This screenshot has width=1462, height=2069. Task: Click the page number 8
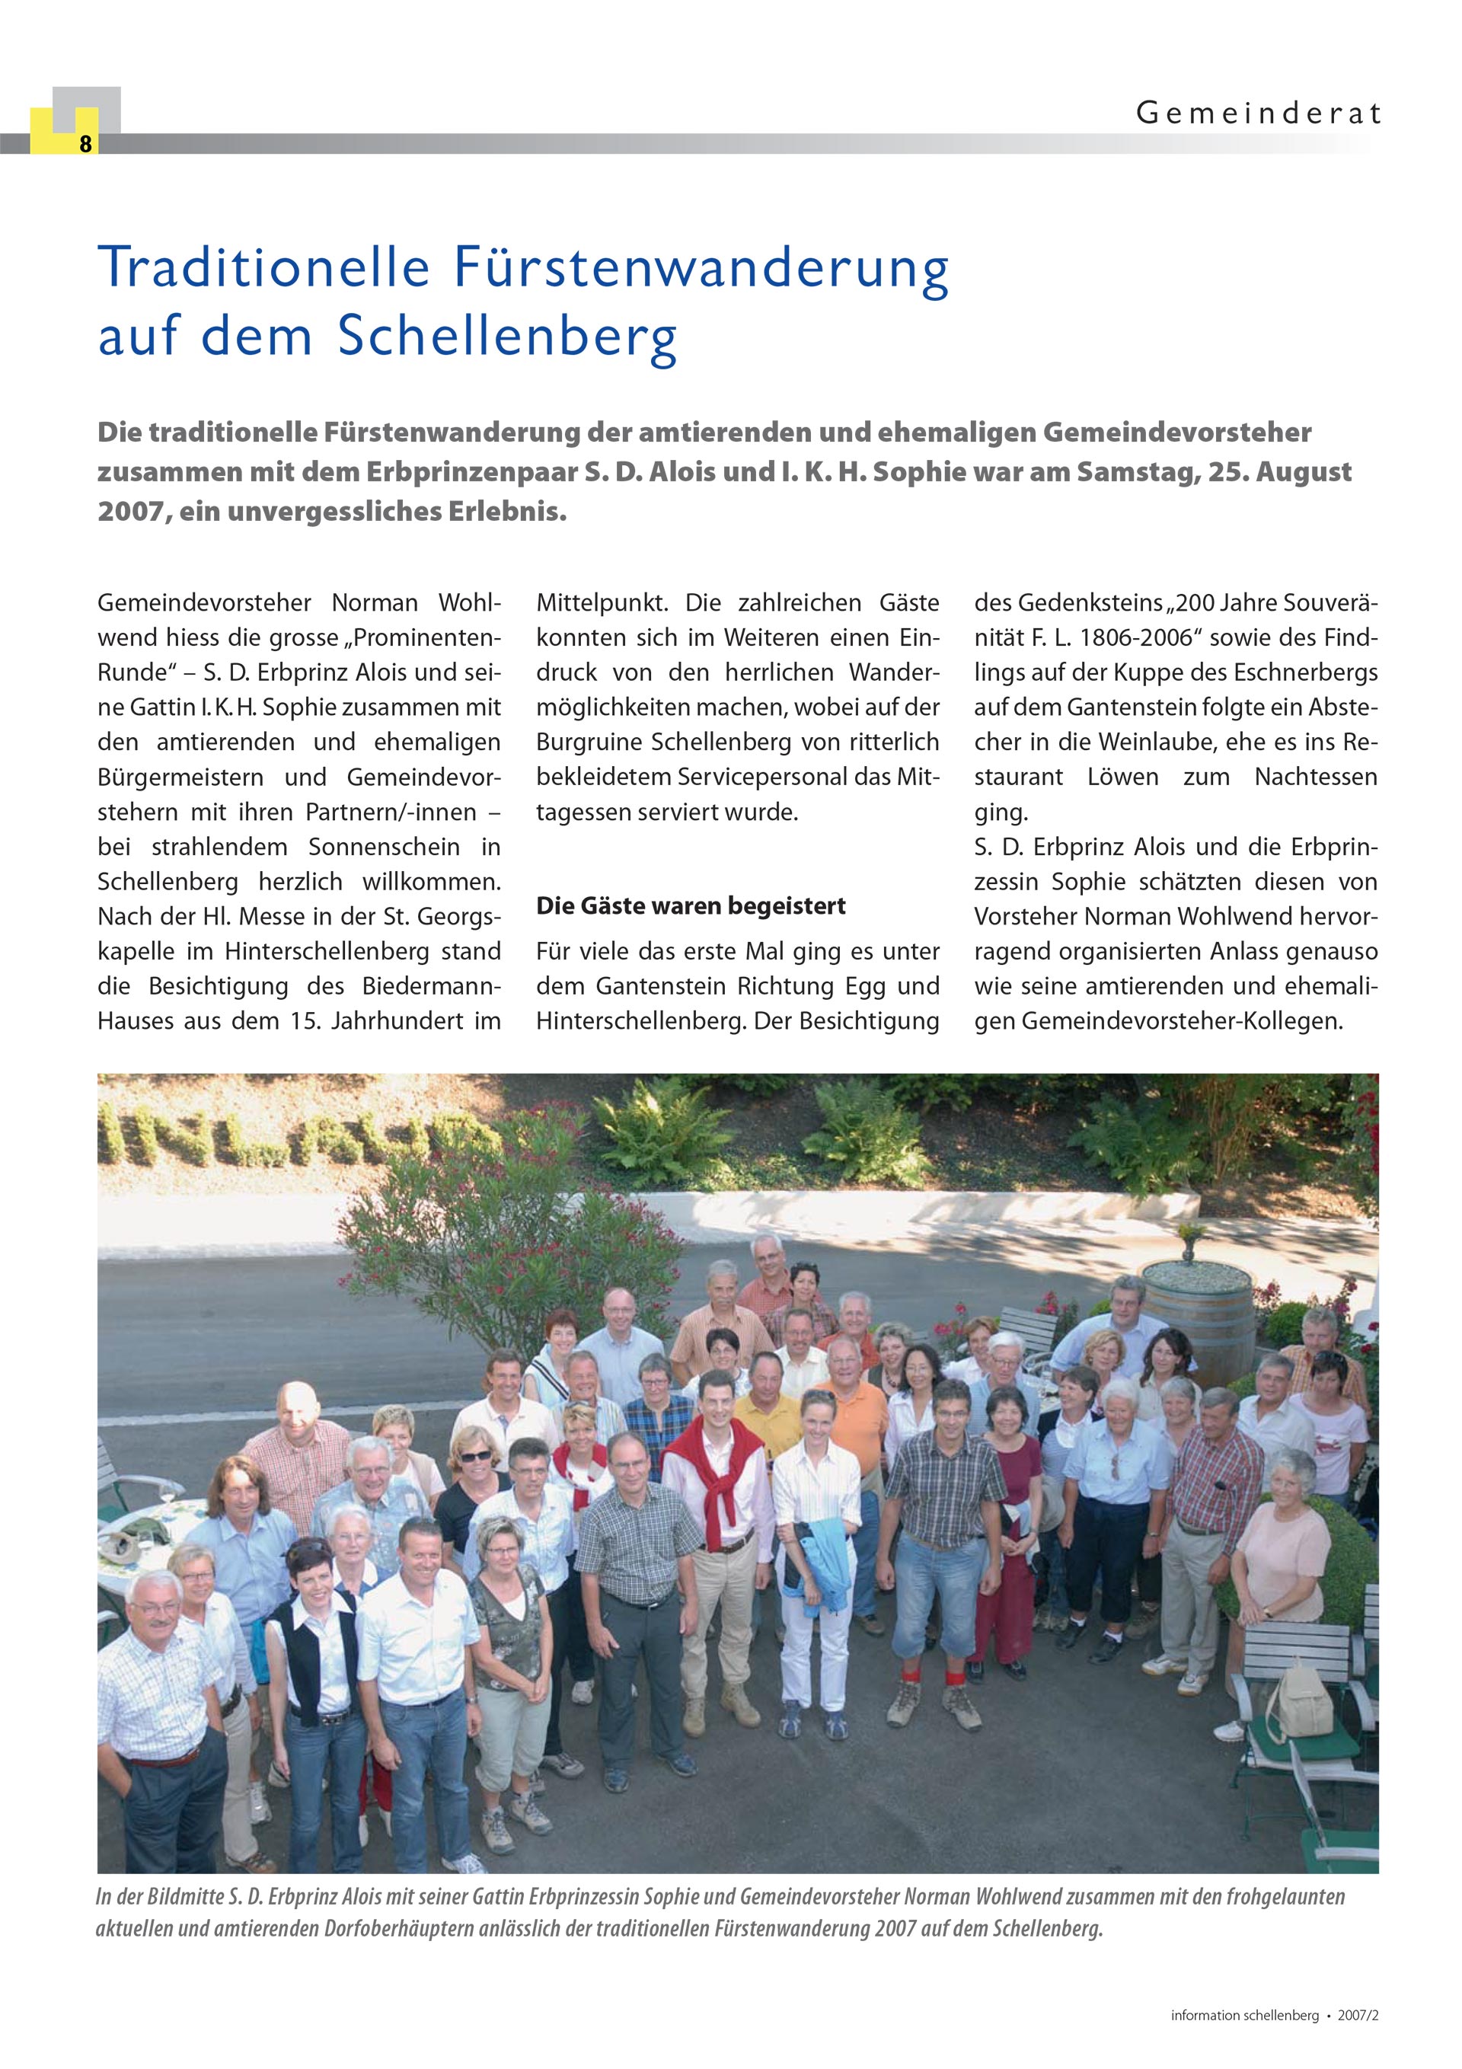coord(85,144)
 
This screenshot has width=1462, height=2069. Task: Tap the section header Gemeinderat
coord(1257,113)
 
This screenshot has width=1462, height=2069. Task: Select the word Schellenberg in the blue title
coord(507,336)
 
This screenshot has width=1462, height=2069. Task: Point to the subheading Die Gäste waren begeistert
coord(691,905)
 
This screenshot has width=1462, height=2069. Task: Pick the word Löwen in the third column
coord(1122,777)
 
